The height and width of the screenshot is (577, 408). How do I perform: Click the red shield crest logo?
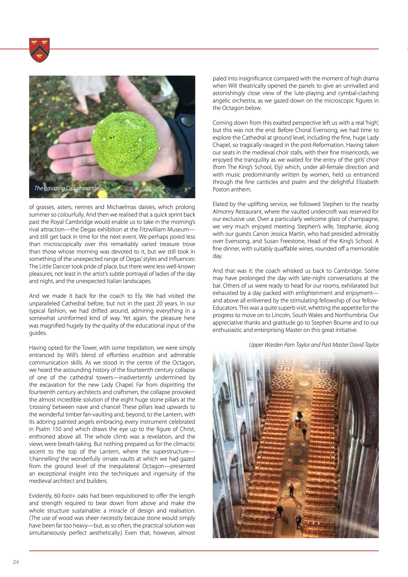(x=40, y=50)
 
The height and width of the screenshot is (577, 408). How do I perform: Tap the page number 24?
(x=16, y=562)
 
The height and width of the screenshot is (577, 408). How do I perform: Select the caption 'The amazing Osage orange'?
(x=67, y=188)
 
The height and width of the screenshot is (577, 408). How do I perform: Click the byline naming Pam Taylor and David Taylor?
(x=313, y=345)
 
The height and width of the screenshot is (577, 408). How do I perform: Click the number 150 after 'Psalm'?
(x=53, y=429)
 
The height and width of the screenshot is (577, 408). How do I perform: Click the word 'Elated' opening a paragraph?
(x=220, y=204)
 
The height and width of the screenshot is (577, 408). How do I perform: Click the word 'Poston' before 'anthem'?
(x=220, y=190)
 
